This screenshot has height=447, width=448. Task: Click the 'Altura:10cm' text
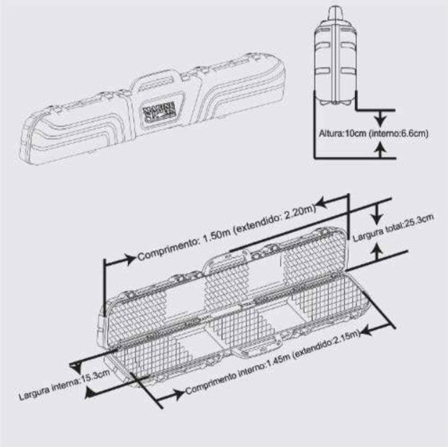[342, 134]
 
